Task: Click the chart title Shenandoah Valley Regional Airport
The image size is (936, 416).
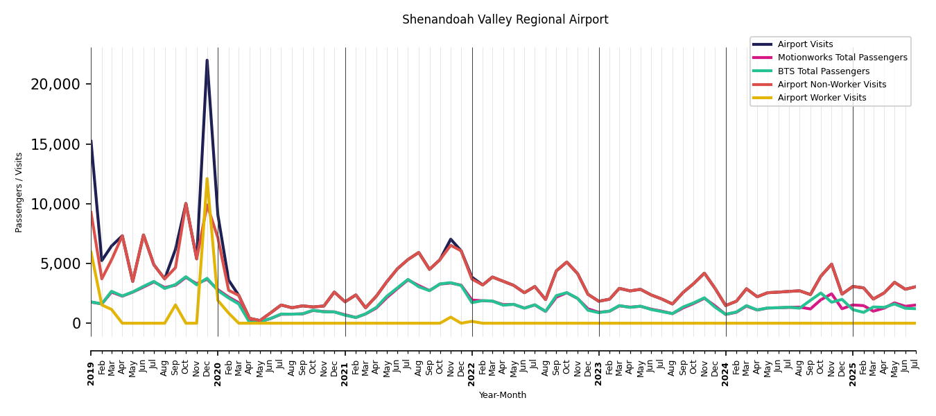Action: coord(505,20)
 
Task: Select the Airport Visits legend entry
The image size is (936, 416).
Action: coord(805,44)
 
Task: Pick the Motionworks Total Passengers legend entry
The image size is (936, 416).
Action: coord(842,58)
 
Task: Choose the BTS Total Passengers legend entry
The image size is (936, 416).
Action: coord(823,71)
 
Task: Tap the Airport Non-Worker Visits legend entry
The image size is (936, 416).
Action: coord(831,85)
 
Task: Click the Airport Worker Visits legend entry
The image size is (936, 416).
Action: coord(822,98)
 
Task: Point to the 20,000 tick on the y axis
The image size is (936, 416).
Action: coord(55,85)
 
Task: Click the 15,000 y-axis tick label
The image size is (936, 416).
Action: coord(55,144)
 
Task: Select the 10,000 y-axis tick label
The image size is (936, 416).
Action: coord(55,204)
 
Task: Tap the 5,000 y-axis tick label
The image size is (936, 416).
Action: coord(60,263)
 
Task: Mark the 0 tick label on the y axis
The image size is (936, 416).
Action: coord(76,324)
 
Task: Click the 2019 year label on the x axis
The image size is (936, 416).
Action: coord(91,364)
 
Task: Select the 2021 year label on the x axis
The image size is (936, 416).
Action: coord(345,364)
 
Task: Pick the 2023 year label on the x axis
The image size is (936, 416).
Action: coord(599,364)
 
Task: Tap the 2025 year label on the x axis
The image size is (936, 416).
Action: coord(853,364)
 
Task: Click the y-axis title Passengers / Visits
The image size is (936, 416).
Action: coord(19,192)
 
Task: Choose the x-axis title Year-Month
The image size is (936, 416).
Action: coord(503,395)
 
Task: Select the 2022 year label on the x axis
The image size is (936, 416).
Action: coord(472,364)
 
